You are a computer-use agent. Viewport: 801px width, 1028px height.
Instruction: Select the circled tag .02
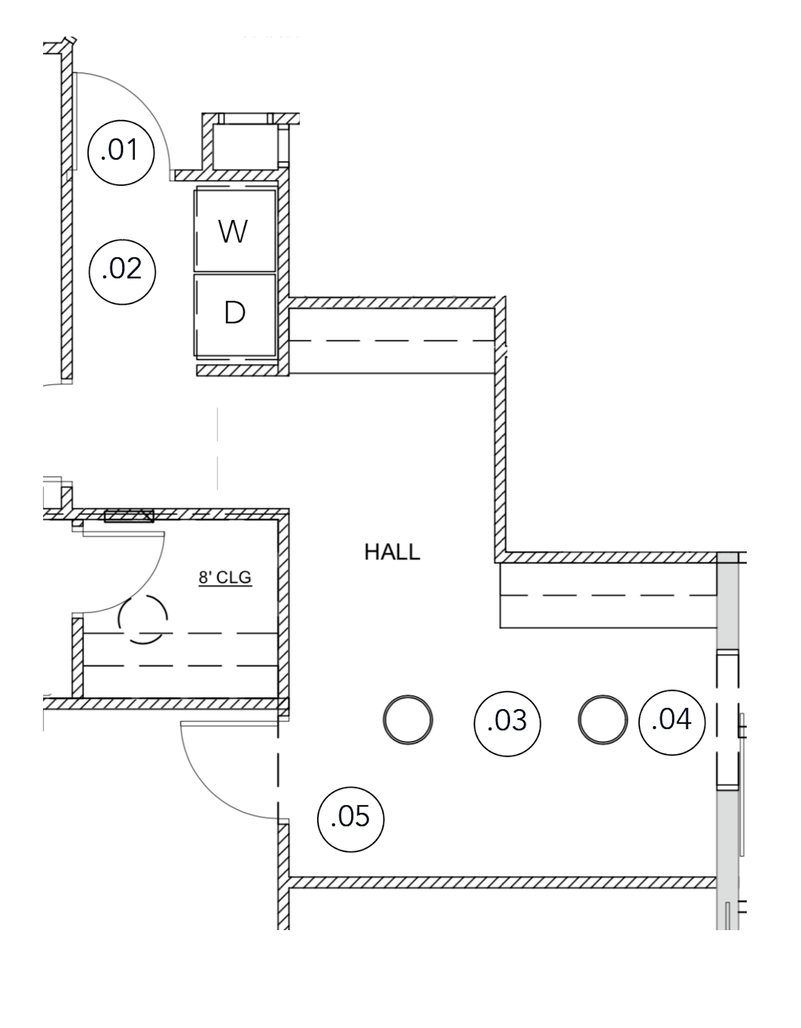point(122,271)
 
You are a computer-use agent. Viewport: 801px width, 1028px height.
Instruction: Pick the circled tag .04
point(672,721)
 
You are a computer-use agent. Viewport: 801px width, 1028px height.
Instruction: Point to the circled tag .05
point(351,819)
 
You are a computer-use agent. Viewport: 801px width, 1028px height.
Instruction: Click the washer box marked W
point(234,231)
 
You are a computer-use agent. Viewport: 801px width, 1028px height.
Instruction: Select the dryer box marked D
point(234,314)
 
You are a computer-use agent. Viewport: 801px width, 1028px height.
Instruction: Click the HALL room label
point(392,552)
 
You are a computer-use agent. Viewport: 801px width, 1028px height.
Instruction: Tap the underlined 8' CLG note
point(225,578)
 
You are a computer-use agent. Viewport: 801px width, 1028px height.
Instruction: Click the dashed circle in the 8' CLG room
point(143,619)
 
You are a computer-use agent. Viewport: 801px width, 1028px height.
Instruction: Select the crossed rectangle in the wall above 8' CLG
point(129,516)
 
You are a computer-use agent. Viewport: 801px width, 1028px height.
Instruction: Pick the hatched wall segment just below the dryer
point(238,371)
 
